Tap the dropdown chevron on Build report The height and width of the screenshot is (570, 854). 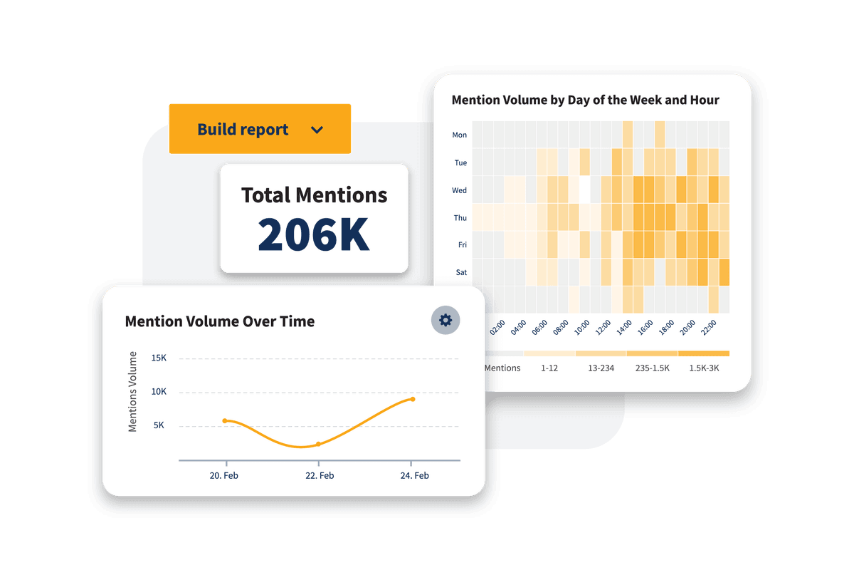pyautogui.click(x=317, y=130)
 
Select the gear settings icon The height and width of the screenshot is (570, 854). pyautogui.click(x=446, y=320)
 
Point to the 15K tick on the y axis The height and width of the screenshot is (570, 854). pyautogui.click(x=159, y=358)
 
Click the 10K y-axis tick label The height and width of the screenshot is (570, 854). pyautogui.click(x=159, y=392)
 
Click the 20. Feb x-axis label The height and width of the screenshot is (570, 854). pyautogui.click(x=226, y=475)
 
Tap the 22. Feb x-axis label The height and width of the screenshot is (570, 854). pyautogui.click(x=318, y=475)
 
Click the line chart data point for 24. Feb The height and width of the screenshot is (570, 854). pyautogui.click(x=413, y=399)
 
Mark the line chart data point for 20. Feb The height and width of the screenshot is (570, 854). pyautogui.click(x=225, y=421)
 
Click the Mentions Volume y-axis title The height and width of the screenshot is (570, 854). pyautogui.click(x=132, y=391)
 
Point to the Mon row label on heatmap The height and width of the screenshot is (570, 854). pyautogui.click(x=460, y=135)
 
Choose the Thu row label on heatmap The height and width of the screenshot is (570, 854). pyautogui.click(x=460, y=218)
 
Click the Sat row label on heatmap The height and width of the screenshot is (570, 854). pyautogui.click(x=460, y=272)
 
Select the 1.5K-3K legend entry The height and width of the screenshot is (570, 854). pyautogui.click(x=704, y=368)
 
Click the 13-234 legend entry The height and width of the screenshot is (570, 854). pyautogui.click(x=601, y=368)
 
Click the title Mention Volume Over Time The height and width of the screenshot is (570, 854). pyautogui.click(x=220, y=321)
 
